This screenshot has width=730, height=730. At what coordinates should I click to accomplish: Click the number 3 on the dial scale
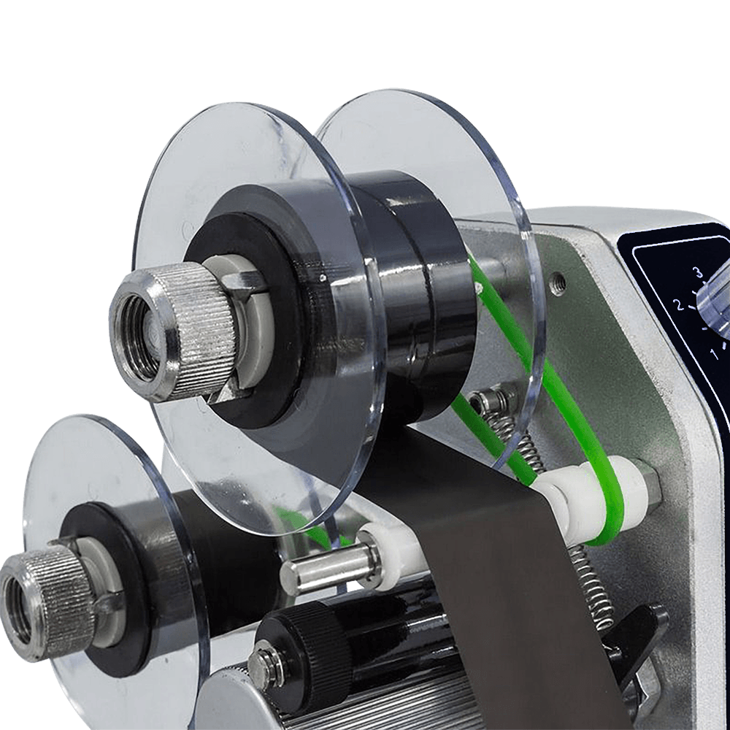click(697, 272)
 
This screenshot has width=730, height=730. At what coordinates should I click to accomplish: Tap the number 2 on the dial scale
click(679, 305)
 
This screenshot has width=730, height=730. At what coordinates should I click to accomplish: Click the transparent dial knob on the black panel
click(715, 303)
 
